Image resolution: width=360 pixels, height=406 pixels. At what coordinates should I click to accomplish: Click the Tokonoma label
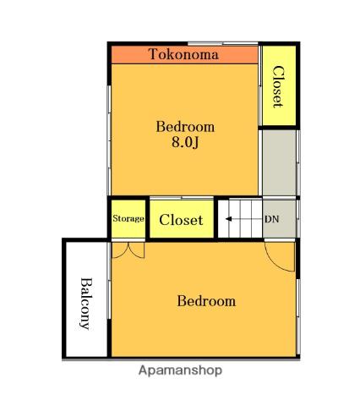(183, 54)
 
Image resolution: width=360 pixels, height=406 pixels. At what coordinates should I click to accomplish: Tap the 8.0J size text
(185, 142)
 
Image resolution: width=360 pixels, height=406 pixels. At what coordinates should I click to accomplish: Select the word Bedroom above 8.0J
(185, 127)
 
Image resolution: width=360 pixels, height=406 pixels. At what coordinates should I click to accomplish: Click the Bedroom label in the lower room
(206, 301)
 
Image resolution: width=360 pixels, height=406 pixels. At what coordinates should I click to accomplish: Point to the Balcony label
(86, 304)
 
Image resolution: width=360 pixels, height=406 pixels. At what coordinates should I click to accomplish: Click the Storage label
(128, 218)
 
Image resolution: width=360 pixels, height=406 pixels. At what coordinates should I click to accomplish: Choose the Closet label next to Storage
(181, 220)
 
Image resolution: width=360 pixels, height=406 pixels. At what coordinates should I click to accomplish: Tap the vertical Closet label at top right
(278, 86)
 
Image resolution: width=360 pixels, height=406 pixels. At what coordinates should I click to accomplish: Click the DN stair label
(271, 219)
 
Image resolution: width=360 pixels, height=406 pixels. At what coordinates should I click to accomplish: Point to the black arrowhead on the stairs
(228, 219)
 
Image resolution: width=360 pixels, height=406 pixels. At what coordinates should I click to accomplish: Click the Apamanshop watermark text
(180, 370)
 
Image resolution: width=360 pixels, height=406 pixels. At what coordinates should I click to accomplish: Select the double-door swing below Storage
(128, 250)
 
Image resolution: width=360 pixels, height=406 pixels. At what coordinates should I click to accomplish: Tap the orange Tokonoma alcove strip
(185, 55)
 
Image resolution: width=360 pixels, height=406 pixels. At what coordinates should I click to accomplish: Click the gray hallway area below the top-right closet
(279, 163)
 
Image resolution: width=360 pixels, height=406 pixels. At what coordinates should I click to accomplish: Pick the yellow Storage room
(128, 219)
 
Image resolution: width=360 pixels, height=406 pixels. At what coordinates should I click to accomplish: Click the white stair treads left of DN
(241, 218)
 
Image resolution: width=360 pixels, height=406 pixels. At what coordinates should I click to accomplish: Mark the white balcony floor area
(87, 299)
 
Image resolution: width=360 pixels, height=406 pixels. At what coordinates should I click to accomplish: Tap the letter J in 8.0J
(196, 143)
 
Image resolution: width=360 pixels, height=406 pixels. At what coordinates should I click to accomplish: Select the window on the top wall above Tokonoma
(223, 43)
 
